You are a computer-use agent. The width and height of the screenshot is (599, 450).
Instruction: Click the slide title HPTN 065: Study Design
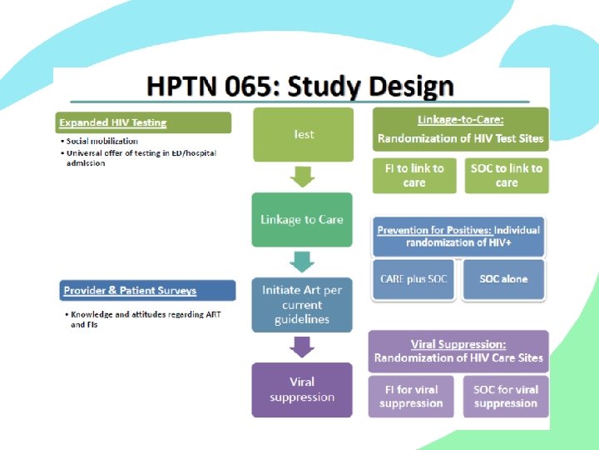point(300,87)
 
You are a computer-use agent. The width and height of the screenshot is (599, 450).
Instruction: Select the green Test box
point(302,134)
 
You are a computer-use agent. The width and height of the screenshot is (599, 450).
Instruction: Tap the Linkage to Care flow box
point(302,220)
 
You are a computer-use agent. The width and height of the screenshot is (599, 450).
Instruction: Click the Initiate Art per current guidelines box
point(302,305)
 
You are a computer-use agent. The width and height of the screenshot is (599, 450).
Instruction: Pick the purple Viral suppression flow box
point(302,390)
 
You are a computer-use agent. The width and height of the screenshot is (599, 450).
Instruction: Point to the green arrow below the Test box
point(303,177)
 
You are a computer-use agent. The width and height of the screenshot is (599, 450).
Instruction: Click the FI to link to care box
point(414,175)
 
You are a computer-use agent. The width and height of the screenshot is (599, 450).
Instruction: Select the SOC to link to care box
point(506,175)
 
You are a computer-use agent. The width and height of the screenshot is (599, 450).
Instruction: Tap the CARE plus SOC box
point(413,279)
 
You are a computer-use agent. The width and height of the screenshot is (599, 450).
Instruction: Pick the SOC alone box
point(503,279)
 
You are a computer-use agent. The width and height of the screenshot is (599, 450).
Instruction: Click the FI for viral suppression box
point(411,396)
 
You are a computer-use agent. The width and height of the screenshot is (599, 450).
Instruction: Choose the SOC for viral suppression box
point(506,396)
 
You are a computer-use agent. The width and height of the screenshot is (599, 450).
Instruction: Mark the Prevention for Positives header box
point(458,236)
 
